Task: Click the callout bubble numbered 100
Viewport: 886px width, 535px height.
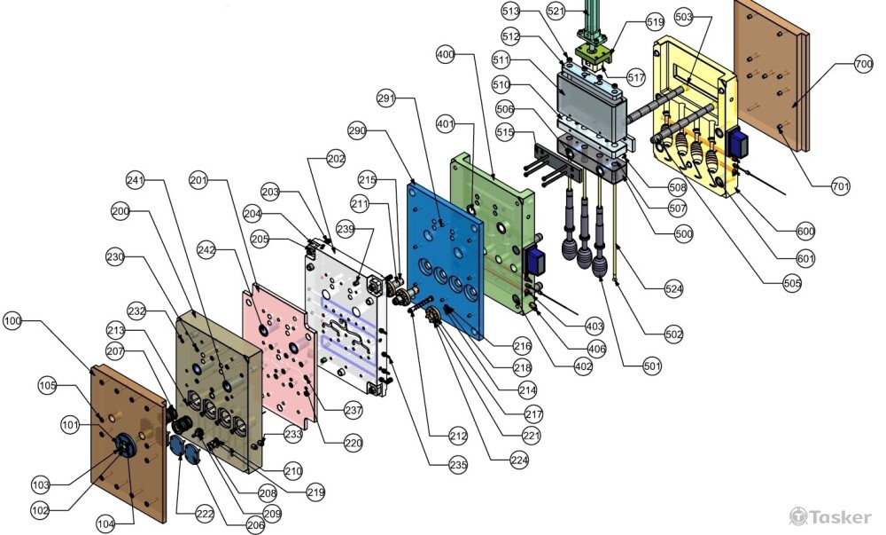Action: coord(13,319)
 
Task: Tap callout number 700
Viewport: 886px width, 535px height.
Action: coord(863,64)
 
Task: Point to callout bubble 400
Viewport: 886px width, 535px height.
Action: coord(446,54)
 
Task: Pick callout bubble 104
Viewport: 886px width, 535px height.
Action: coord(106,524)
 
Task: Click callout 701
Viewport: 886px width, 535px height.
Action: coord(841,186)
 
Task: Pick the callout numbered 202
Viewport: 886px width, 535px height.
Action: coord(336,160)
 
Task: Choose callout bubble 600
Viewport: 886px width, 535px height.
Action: coord(805,232)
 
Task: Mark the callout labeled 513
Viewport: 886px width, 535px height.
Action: coord(510,11)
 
